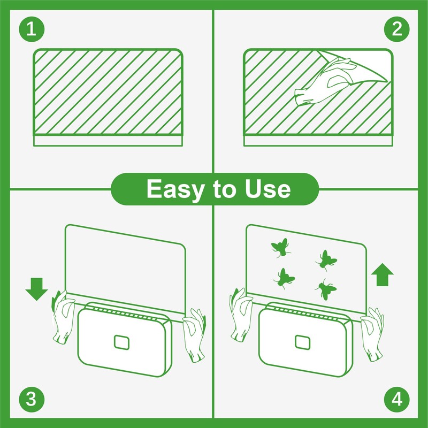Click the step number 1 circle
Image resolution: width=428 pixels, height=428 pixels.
(31, 29)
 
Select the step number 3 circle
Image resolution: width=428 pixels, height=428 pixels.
(31, 399)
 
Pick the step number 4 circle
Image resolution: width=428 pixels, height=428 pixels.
(396, 399)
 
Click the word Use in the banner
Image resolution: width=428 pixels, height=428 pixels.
(264, 189)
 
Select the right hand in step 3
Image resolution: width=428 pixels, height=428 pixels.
(194, 334)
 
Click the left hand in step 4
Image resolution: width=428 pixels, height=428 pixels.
(242, 316)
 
